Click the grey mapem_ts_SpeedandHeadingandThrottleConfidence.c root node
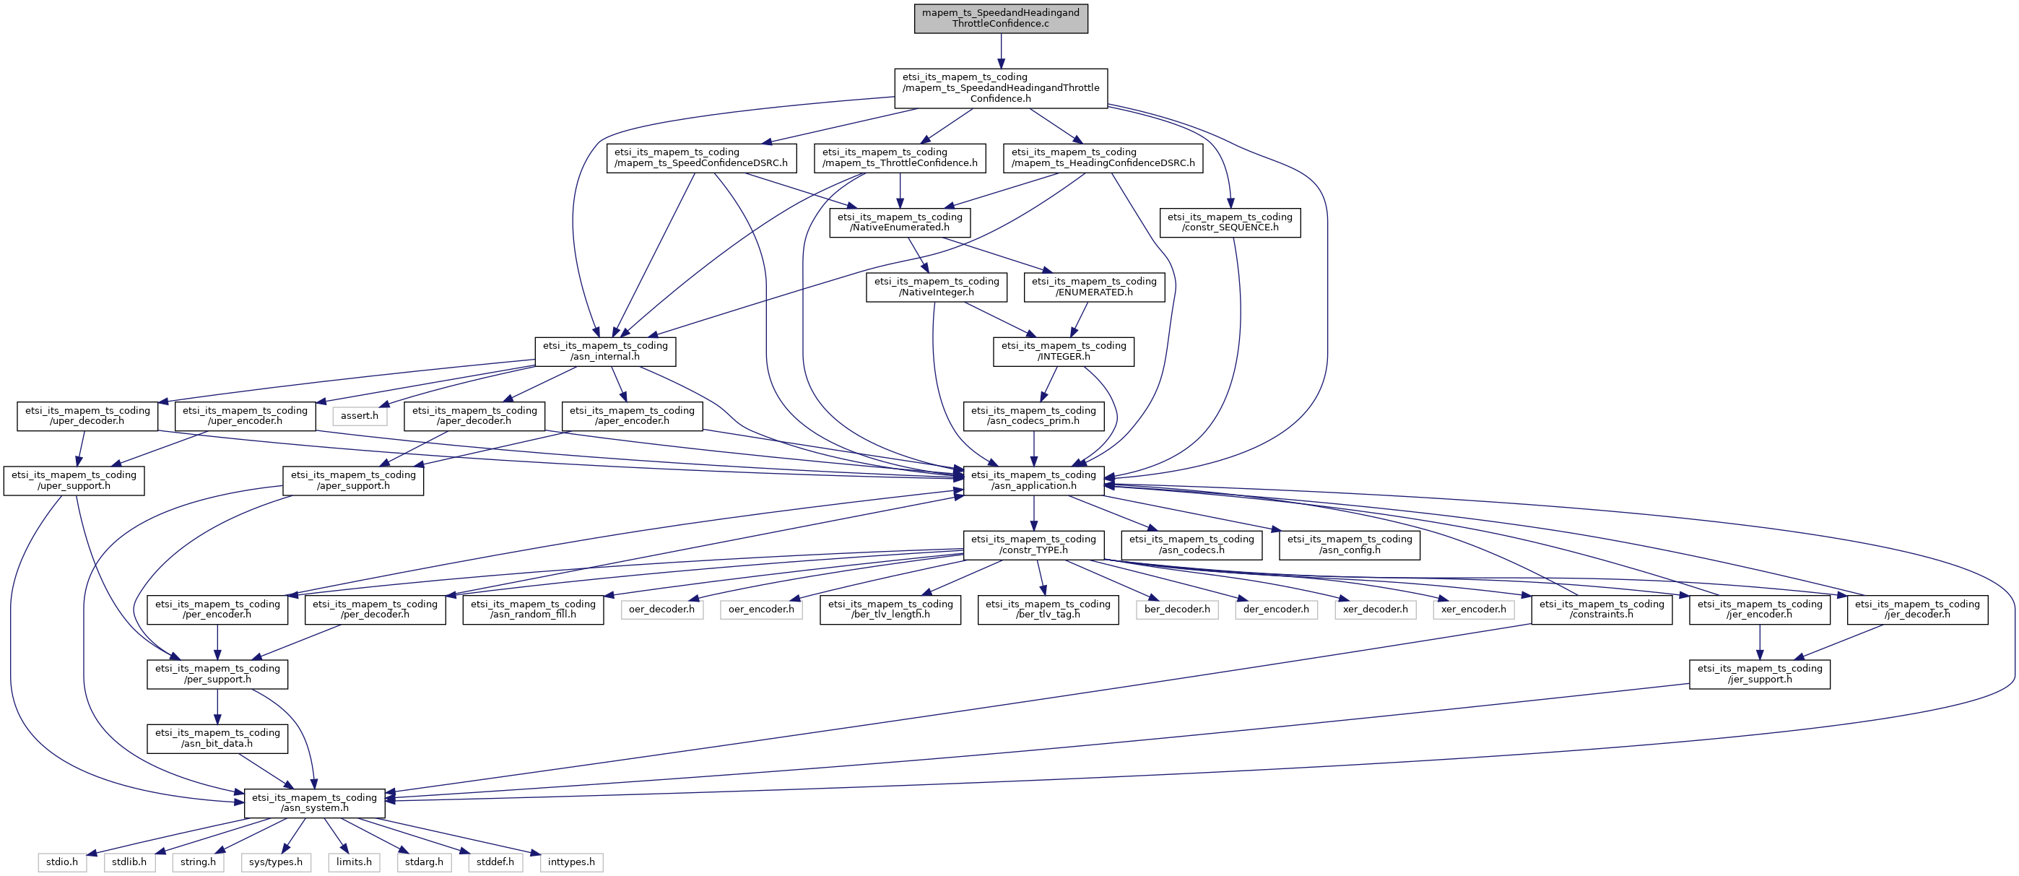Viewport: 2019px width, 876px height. pyautogui.click(x=1001, y=18)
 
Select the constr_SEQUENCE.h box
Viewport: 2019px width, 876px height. pyautogui.click(x=1230, y=222)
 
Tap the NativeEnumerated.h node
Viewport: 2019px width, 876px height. pyautogui.click(x=900, y=222)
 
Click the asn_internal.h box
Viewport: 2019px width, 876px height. pyautogui.click(x=605, y=351)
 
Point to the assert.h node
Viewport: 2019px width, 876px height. pyautogui.click(x=360, y=415)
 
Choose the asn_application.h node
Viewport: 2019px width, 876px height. pyautogui.click(x=1034, y=480)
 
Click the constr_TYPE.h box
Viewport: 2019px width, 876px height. pyautogui.click(x=1034, y=545)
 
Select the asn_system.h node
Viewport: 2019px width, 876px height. pyautogui.click(x=314, y=803)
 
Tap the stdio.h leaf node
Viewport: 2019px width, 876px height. pyautogui.click(x=62, y=862)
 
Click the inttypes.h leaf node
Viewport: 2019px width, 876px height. pyautogui.click(x=571, y=862)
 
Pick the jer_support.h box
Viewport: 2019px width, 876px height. pyautogui.click(x=1760, y=674)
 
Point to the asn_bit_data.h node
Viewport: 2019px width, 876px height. pyautogui.click(x=217, y=738)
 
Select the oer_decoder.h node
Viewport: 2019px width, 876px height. pyautogui.click(x=661, y=609)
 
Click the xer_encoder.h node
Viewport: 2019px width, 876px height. pyautogui.click(x=1474, y=609)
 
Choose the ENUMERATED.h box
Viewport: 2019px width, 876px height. pyautogui.click(x=1094, y=287)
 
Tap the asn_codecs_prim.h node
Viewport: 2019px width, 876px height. pyautogui.click(x=1034, y=415)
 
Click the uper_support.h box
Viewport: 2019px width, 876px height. pyautogui.click(x=74, y=480)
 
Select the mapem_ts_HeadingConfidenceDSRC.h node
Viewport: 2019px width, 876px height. pyautogui.click(x=1103, y=157)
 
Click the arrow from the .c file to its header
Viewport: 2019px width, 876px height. pyautogui.click(x=1001, y=51)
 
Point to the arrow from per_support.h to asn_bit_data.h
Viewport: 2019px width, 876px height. pyautogui.click(x=217, y=707)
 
